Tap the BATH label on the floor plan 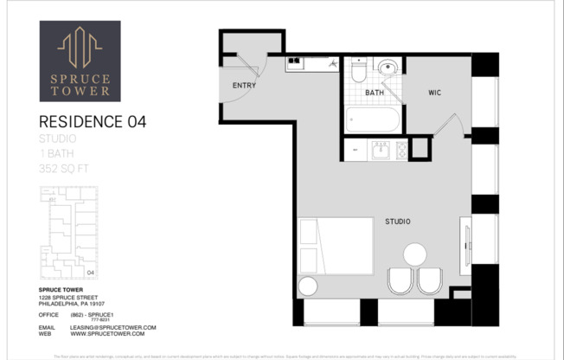tap(375, 93)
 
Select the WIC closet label tap(435, 93)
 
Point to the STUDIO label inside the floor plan tap(397, 222)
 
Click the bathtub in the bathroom tap(373, 118)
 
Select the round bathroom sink tap(388, 67)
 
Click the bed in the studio tap(336, 246)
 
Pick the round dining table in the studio tap(415, 254)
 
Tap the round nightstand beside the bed tap(308, 286)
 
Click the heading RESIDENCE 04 tap(93, 122)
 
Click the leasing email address tap(113, 328)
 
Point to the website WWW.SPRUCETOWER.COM tap(113, 334)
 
